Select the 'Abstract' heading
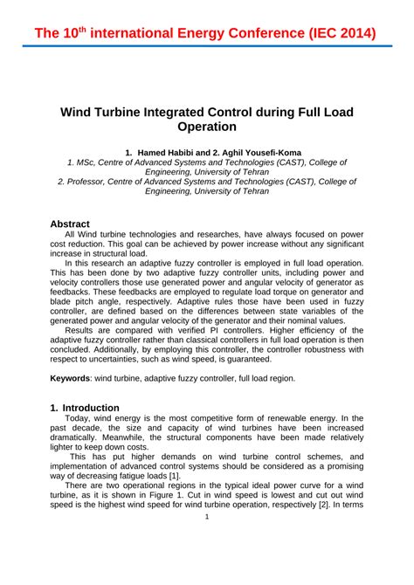pos(70,224)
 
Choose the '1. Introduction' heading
pos(85,408)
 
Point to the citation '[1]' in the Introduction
pos(173,474)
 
